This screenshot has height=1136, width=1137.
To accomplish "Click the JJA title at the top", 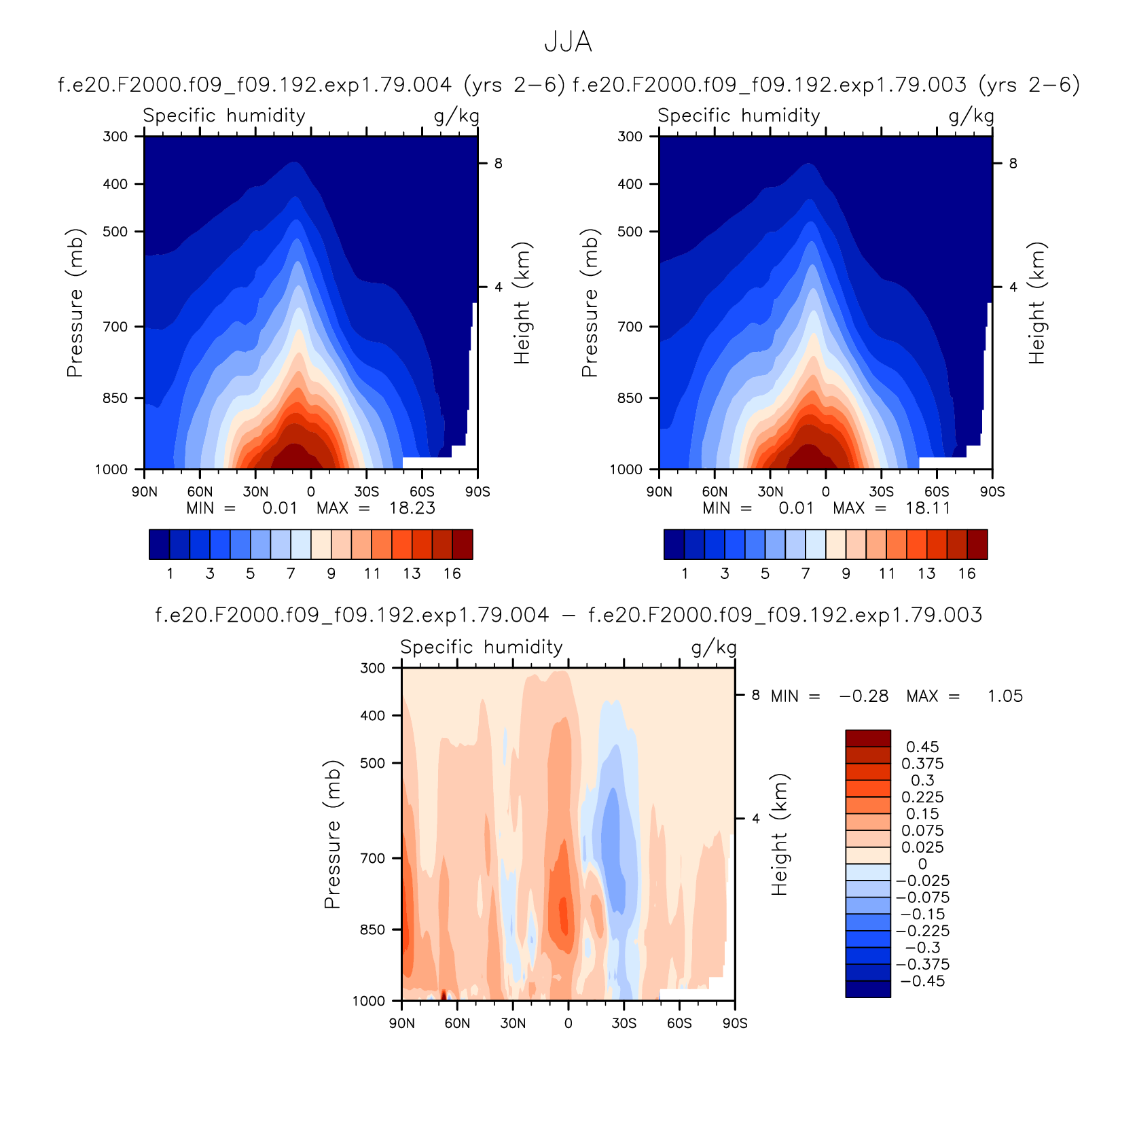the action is (x=568, y=42).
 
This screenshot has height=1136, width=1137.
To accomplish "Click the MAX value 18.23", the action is (x=412, y=508).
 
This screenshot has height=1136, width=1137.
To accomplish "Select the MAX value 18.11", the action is (x=928, y=508).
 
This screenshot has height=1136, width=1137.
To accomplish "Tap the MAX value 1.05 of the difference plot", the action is (x=1005, y=696).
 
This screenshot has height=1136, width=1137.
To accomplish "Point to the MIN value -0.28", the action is (x=864, y=696).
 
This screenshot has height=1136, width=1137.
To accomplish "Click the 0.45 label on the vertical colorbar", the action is (x=922, y=747).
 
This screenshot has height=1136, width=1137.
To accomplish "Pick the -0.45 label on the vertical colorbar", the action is (x=922, y=981).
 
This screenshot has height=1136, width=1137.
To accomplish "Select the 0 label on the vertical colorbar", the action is (x=922, y=864).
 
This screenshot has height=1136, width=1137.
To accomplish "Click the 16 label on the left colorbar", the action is (x=452, y=574).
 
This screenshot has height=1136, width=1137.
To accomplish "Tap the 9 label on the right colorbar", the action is (x=846, y=574).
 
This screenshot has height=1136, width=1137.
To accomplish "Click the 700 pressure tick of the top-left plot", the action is (x=115, y=327).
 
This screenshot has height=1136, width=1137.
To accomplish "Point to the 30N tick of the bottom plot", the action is (x=513, y=1023).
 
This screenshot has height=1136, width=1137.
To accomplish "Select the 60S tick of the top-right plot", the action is (x=937, y=492).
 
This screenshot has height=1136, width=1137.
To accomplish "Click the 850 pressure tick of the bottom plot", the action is (x=372, y=929).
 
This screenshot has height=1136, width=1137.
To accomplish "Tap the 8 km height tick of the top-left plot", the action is (x=499, y=163).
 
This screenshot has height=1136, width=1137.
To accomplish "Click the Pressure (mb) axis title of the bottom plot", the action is (x=332, y=834).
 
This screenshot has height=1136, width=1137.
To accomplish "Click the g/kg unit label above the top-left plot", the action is (x=456, y=116).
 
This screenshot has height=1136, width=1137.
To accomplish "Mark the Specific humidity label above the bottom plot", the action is (x=482, y=647).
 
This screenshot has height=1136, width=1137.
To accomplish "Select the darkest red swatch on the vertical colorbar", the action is (x=868, y=739).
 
